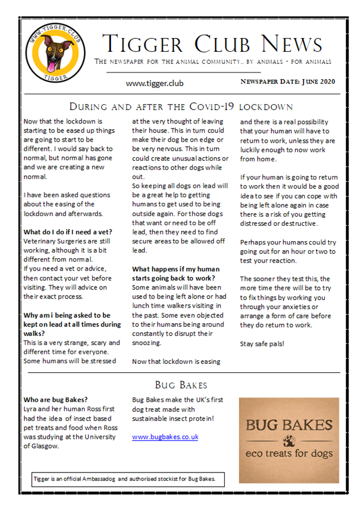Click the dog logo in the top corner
tap(55, 52)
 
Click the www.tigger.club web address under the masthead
tap(155, 82)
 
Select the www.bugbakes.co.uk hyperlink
tap(165, 437)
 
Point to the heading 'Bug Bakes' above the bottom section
tap(181, 385)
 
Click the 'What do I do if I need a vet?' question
tap(68, 231)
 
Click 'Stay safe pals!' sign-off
tap(262, 343)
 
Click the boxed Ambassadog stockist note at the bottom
tap(127, 479)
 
